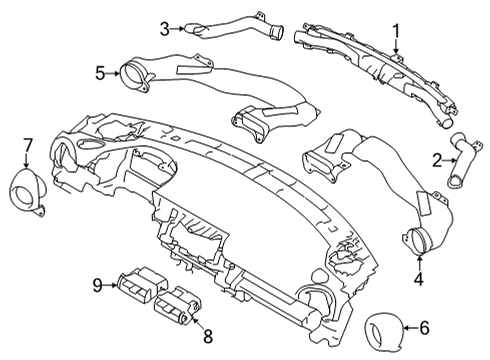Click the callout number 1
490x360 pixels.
click(395, 31)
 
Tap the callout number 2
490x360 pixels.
click(438, 160)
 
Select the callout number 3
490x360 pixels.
click(164, 29)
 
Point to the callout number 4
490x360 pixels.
click(419, 280)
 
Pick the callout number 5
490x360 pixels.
click(100, 73)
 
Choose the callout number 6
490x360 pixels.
click(451, 327)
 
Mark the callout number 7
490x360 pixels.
click(28, 146)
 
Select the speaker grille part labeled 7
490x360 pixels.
click(31, 192)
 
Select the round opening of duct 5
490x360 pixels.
click(132, 72)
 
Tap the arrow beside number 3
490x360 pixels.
click(180, 29)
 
